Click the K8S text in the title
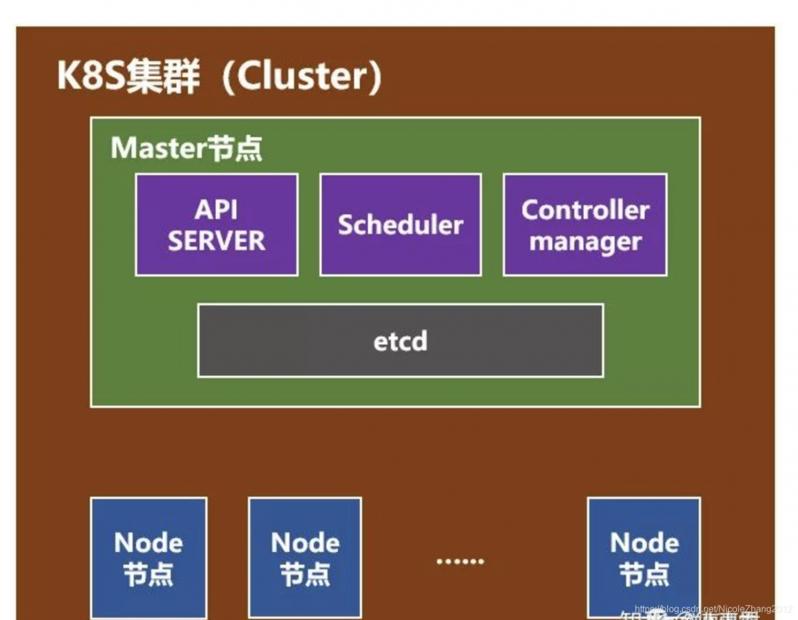[92, 77]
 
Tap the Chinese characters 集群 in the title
[163, 77]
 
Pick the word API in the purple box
[216, 209]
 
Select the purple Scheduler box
[400, 225]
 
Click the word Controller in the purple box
[585, 210]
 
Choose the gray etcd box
[400, 341]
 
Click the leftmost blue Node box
[148, 558]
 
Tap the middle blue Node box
[305, 558]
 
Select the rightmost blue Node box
[644, 558]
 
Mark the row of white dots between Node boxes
[460, 561]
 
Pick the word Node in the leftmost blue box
[148, 543]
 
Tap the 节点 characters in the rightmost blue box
[644, 575]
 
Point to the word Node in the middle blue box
[305, 543]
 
